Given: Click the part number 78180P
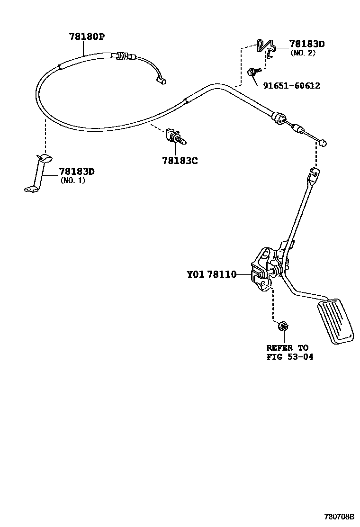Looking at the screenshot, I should click(x=87, y=36).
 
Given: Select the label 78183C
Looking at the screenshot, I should click(x=180, y=161).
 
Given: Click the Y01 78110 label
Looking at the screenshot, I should click(x=211, y=274).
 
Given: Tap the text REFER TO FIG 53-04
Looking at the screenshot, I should click(x=289, y=352).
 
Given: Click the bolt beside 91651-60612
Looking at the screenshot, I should click(x=252, y=72).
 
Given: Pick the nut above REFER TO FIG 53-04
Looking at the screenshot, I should click(x=284, y=326).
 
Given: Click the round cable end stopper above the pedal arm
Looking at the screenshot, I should click(x=323, y=142).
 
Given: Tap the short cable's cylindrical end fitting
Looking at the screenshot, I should click(x=162, y=82).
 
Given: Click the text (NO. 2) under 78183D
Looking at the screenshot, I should click(x=303, y=53).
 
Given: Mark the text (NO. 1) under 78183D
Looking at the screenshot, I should click(x=73, y=180).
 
